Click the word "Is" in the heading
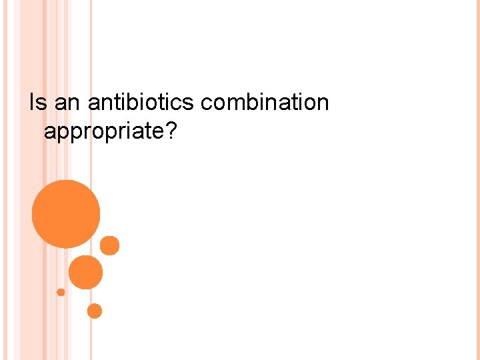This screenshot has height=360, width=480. tap(37, 103)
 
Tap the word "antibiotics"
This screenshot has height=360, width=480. tap(141, 103)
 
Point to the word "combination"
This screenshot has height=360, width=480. tap(265, 103)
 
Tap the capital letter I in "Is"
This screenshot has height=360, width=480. tap(31, 103)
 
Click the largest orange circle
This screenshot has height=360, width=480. tap(66, 214)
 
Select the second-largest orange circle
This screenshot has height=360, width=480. tap(86, 272)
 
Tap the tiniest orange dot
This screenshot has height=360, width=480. tap(61, 292)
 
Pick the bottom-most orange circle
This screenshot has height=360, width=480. tap(95, 311)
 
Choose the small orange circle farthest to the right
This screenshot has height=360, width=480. tap(110, 245)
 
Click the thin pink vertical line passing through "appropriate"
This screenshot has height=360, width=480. tap(91, 131)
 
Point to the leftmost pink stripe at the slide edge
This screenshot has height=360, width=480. tap(3, 180)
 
